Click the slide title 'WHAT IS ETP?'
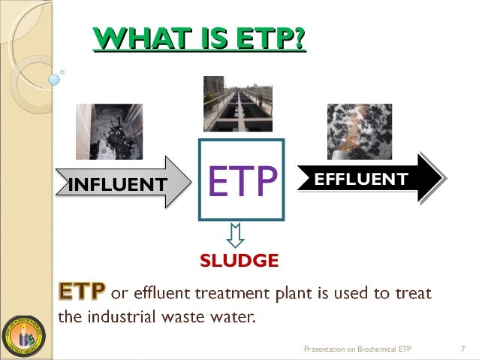pos(198,38)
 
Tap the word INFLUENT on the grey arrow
pos(116,183)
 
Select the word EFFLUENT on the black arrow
pos(360,179)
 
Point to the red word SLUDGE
pos(239,261)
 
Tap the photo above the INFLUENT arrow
pos(109,132)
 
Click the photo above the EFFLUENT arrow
pos(359,132)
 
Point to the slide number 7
pos(462,349)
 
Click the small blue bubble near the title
pos(54,79)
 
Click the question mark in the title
pos(299,38)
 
